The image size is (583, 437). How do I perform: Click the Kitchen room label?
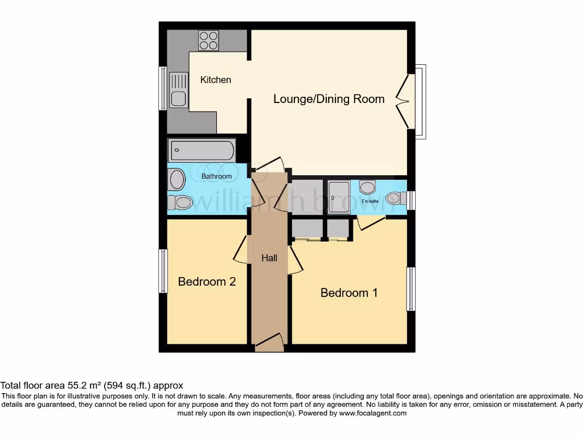pos(216,80)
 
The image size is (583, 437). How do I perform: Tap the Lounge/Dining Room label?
pos(329,98)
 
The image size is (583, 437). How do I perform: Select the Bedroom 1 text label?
pos(349,292)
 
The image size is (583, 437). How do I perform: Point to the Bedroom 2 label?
pos(207,281)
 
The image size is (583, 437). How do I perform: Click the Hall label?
pos(269,258)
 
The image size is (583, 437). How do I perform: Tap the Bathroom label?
pos(216,176)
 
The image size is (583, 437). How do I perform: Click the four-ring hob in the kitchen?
pos(208,40)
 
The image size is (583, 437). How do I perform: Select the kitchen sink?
pos(178,91)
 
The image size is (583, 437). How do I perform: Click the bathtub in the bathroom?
pos(202,151)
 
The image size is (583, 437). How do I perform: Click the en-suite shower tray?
pos(339,197)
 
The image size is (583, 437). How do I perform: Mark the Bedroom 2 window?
pos(163,271)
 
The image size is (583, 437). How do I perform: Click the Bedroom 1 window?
pos(410,288)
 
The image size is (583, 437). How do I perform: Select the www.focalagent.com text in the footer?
pos(372,413)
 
